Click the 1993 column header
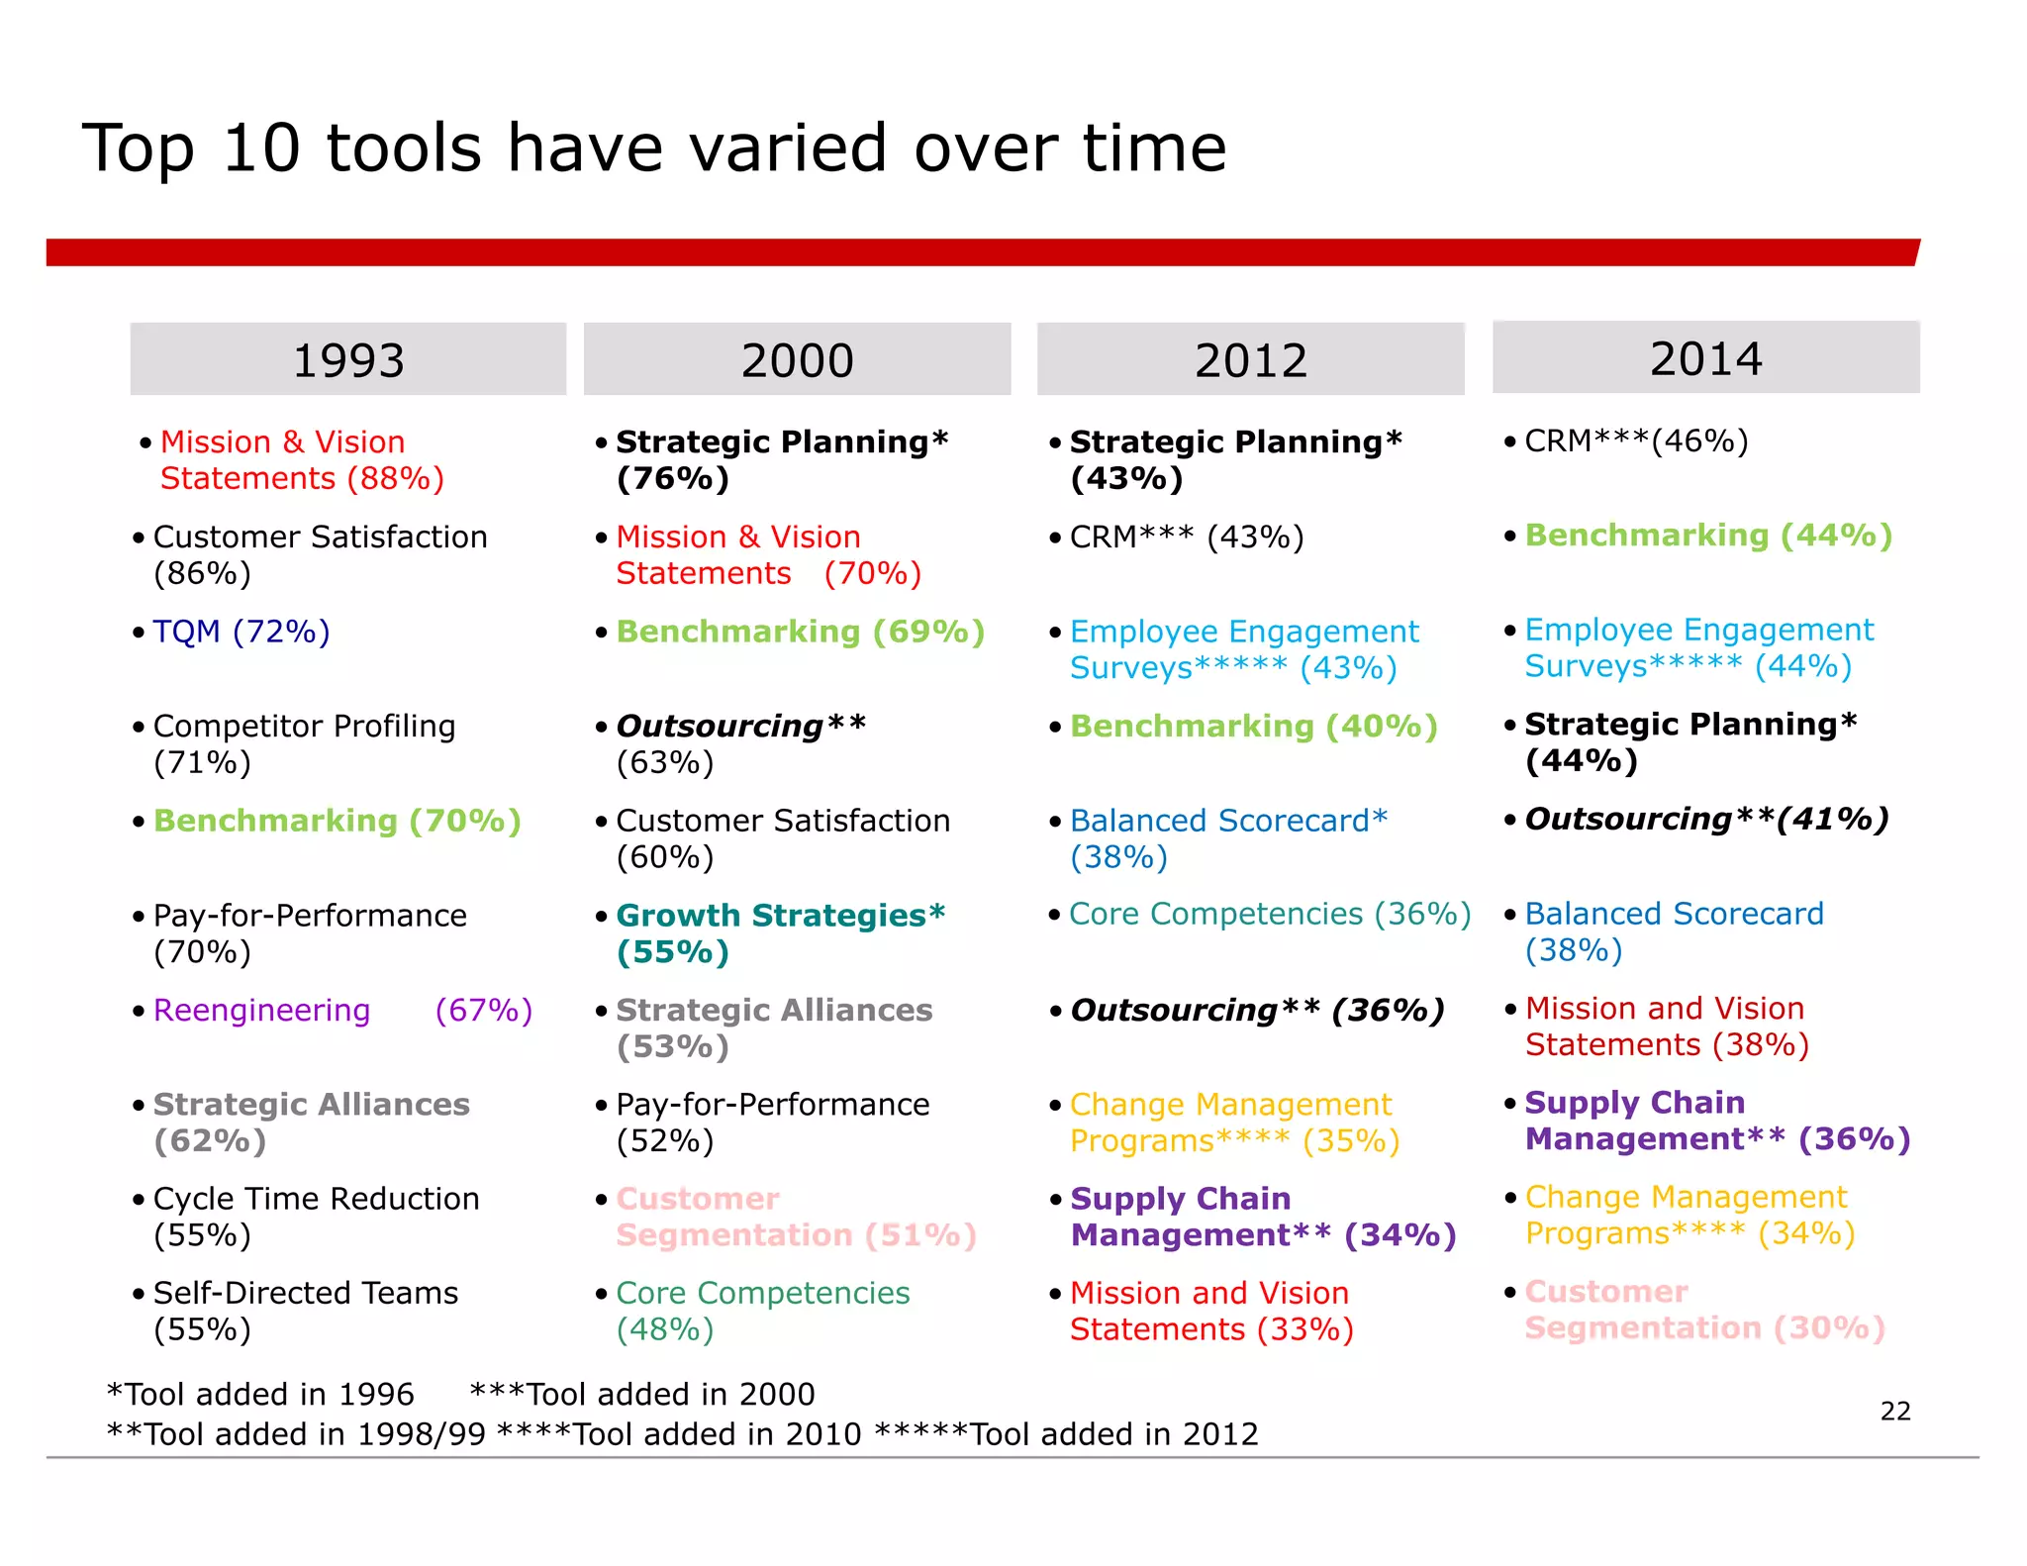tap(348, 359)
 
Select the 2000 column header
tap(797, 359)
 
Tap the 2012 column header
tap(1250, 359)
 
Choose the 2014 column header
tap(1705, 357)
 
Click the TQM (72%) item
tap(241, 631)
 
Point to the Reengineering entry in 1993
tap(261, 1010)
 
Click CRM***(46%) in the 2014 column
tap(1636, 440)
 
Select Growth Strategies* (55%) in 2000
tap(780, 932)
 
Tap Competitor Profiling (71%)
tap(304, 743)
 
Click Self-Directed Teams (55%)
tap(305, 1310)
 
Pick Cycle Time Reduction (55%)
tap(316, 1216)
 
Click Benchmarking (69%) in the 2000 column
tap(800, 631)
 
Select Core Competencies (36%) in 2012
tap(1270, 914)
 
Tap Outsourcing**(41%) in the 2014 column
tap(1706, 819)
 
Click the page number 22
tap(1894, 1411)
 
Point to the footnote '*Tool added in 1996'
tap(260, 1394)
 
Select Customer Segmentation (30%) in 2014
tap(1704, 1309)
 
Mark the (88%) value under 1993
tap(395, 479)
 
